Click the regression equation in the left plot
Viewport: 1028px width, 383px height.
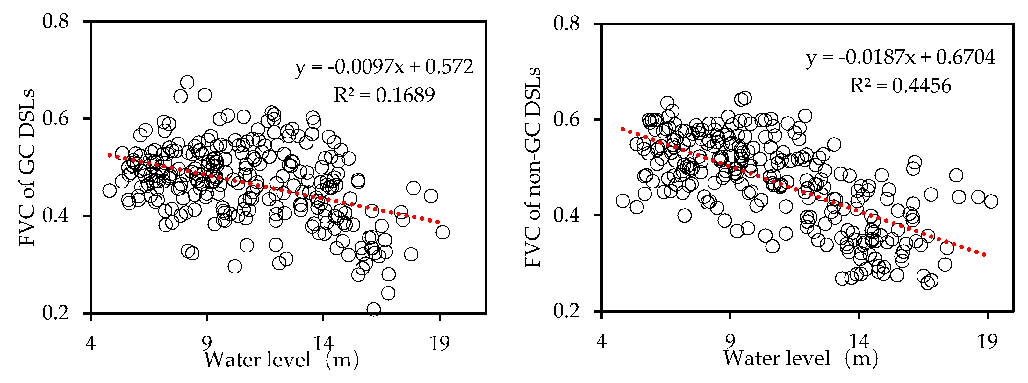click(384, 67)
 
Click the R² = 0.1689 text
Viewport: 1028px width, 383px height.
click(384, 95)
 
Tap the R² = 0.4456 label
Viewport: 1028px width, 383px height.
click(900, 86)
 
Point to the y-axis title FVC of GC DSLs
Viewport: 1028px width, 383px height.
click(27, 167)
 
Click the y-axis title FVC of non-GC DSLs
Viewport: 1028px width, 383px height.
click(532, 167)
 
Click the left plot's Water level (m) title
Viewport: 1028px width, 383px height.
click(281, 359)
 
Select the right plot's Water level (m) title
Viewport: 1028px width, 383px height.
click(800, 358)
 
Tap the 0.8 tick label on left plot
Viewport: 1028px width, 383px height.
click(55, 21)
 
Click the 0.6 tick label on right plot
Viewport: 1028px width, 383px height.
click(566, 119)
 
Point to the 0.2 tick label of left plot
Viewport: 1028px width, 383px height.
click(55, 312)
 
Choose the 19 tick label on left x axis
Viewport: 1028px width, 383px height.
click(439, 343)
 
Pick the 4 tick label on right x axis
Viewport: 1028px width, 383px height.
click(602, 342)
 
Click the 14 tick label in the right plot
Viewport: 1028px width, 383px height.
click(859, 342)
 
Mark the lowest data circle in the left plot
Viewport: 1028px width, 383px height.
click(374, 309)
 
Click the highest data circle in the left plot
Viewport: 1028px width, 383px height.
click(187, 82)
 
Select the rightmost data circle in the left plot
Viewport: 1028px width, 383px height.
click(442, 232)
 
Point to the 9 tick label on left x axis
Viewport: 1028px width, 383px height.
click(206, 343)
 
